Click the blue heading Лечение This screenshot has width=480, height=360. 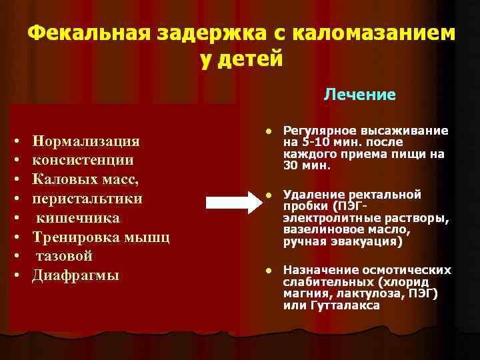[x=359, y=95]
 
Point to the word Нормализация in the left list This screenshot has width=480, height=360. [x=86, y=141]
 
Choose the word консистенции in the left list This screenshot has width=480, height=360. [x=83, y=161]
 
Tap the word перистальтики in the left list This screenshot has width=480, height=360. [x=87, y=199]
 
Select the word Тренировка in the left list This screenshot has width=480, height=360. [x=73, y=237]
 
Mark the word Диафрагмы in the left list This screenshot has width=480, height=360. [x=76, y=275]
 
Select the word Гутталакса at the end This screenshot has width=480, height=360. [x=345, y=305]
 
